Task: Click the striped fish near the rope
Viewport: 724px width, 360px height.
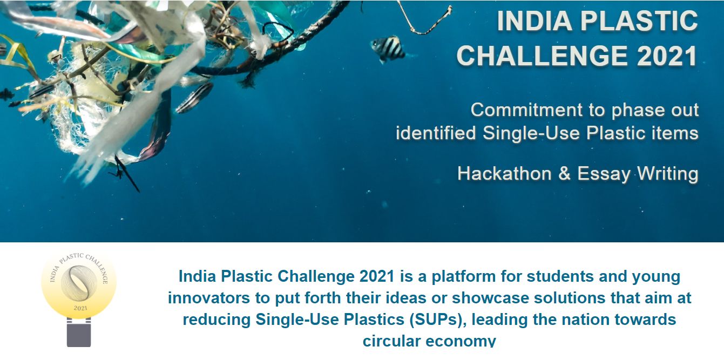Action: (388, 49)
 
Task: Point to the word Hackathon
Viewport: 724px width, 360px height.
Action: (504, 174)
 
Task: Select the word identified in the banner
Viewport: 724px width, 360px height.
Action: (435, 133)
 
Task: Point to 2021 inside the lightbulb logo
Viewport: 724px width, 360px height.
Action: (79, 308)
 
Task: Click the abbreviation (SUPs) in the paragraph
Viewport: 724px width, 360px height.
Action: (435, 319)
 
